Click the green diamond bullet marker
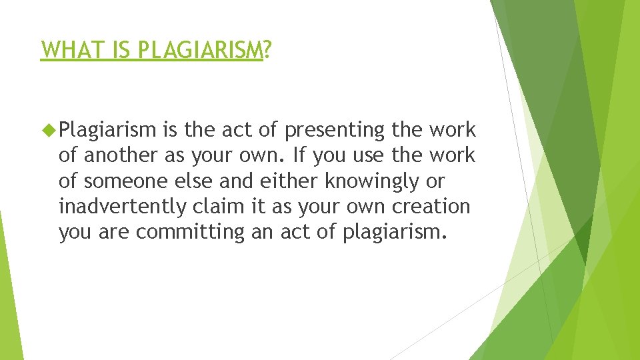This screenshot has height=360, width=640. pos(47,129)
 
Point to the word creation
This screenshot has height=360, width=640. pos(430,207)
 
